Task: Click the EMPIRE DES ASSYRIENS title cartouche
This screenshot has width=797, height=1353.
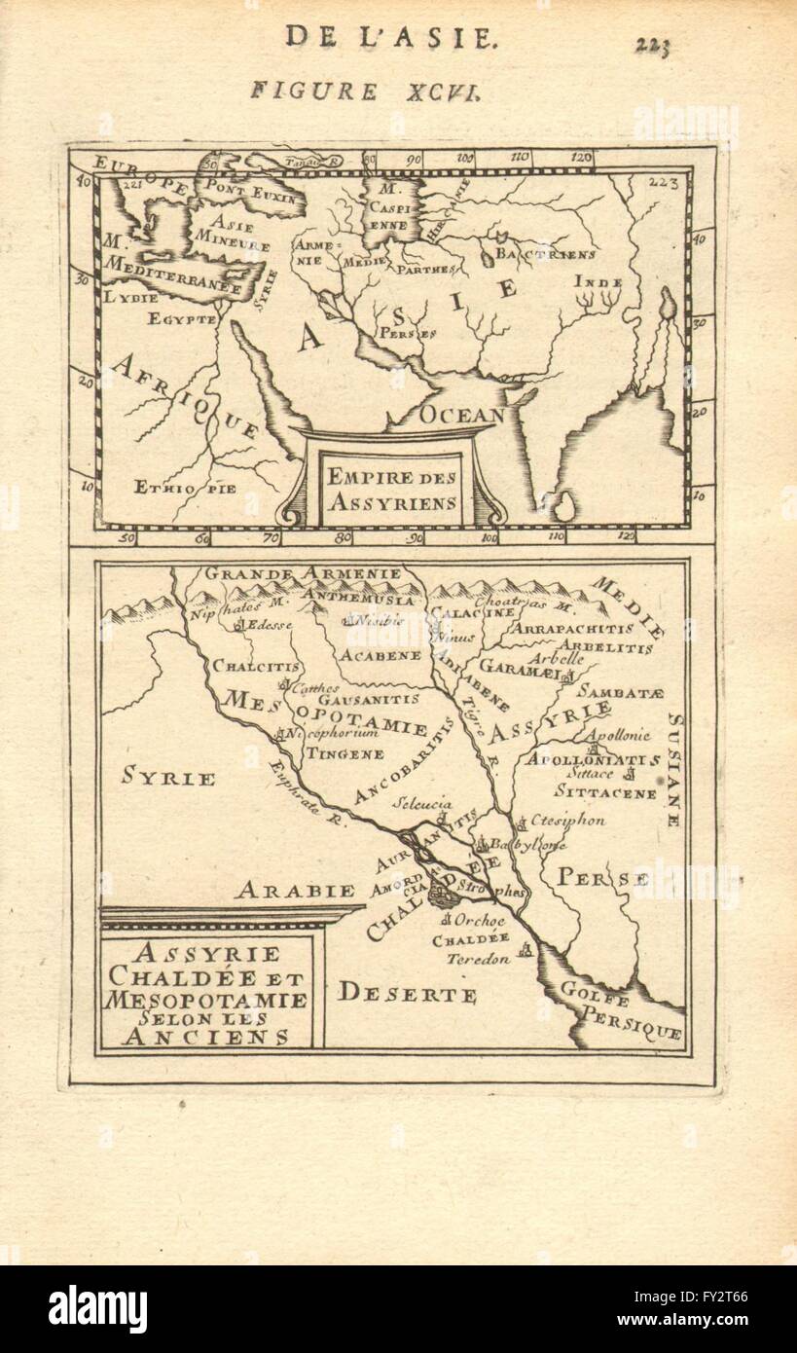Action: [391, 490]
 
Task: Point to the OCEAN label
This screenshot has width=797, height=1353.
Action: [462, 415]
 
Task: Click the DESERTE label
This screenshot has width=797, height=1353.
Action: [408, 994]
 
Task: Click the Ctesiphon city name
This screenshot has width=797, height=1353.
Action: [568, 821]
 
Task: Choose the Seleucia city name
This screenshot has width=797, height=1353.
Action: [423, 804]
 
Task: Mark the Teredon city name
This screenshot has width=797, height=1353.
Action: [478, 958]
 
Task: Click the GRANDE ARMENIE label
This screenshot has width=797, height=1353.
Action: [302, 573]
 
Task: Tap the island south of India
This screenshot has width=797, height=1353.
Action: [562, 504]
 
